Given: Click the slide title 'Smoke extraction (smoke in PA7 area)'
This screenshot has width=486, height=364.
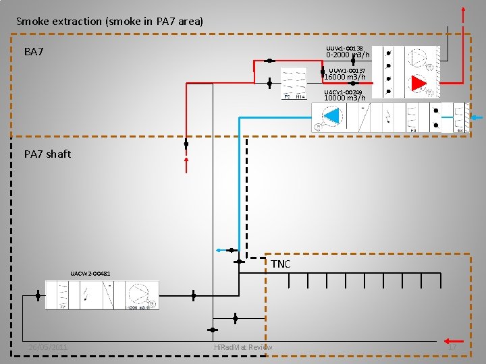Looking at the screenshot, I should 109,22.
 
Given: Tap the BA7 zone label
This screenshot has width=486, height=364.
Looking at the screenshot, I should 34,52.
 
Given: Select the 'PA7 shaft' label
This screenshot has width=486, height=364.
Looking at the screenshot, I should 47,154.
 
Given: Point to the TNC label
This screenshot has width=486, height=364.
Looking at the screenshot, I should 281,264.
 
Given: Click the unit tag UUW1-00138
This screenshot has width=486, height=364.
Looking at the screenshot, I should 345,49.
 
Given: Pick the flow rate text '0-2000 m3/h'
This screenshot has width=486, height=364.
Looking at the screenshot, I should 348,55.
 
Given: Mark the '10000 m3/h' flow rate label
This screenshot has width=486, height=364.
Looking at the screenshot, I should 345,98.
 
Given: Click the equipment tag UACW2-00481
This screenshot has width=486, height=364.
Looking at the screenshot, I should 90,274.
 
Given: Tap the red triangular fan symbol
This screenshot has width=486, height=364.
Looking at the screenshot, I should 419,83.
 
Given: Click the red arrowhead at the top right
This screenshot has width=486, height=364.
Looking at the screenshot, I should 463,10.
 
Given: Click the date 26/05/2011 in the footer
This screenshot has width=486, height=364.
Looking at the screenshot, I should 48,347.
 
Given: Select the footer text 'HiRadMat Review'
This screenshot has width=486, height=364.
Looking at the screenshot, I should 243,347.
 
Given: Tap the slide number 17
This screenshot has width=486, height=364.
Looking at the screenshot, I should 452,347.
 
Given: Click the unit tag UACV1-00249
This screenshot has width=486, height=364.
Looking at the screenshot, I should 343,92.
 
